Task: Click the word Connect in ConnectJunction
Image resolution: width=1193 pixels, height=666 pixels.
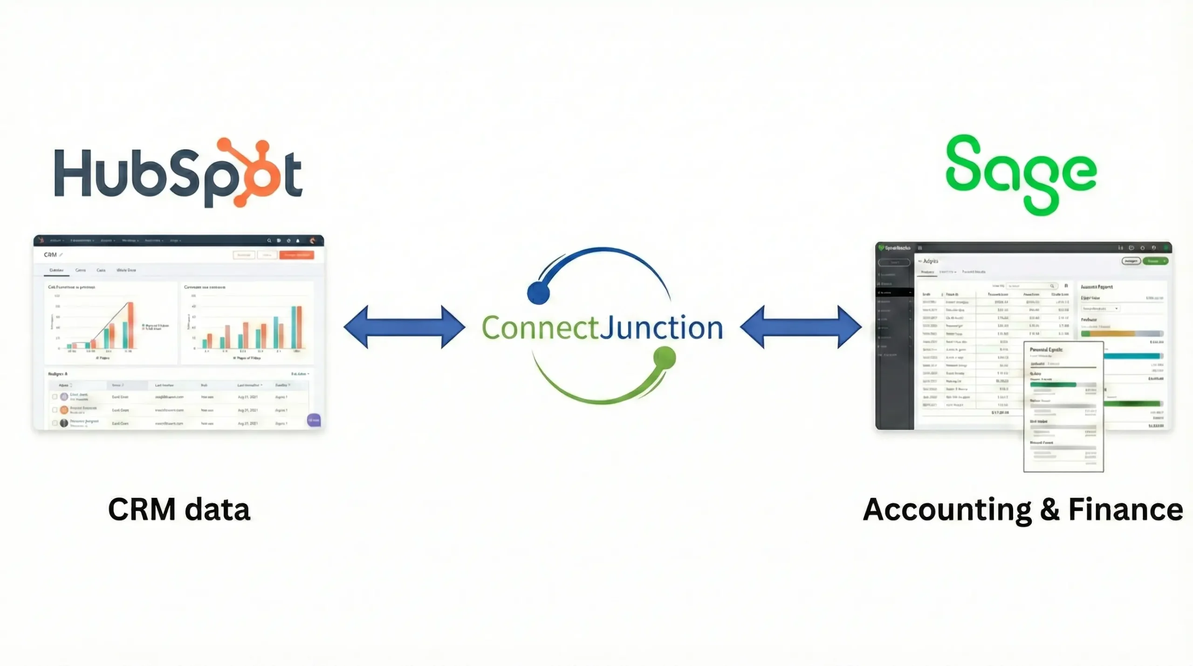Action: click(x=540, y=328)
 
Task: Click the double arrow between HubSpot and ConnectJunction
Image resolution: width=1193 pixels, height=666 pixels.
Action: click(x=404, y=327)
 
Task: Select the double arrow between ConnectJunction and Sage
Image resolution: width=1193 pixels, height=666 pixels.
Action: click(x=801, y=327)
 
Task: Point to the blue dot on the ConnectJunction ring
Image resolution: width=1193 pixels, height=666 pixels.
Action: click(x=538, y=293)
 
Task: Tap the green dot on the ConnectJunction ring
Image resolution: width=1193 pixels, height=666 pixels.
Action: click(x=665, y=357)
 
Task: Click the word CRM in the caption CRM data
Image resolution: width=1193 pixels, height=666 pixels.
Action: click(x=142, y=509)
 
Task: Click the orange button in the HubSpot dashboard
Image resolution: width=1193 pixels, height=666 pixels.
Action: click(x=297, y=255)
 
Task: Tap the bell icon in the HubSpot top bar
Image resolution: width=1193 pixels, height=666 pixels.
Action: click(x=298, y=241)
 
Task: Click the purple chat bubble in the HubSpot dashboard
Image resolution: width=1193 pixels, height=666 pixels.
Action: click(x=314, y=420)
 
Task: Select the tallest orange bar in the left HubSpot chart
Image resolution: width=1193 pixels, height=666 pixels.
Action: click(x=130, y=325)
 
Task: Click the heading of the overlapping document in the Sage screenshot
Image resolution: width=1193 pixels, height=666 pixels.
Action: click(x=1046, y=350)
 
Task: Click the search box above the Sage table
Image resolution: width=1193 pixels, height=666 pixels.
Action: click(x=1030, y=286)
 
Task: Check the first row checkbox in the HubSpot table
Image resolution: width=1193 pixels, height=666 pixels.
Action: click(x=55, y=397)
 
